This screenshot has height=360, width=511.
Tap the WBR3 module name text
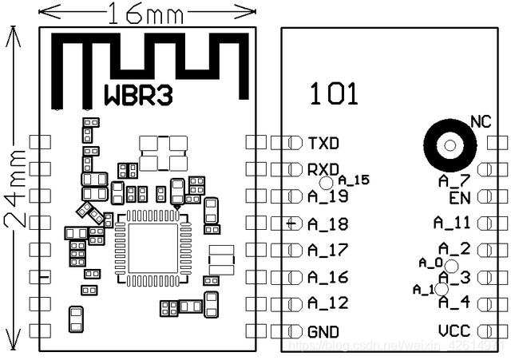[137, 93]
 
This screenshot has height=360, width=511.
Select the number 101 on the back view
[334, 95]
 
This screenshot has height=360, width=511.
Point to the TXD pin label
[323, 144]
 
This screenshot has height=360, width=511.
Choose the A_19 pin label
[327, 196]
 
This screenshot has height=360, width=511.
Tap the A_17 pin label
[327, 250]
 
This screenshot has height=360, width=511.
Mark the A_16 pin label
[327, 277]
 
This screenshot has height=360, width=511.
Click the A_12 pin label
[327, 303]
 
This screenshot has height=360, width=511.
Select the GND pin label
[323, 331]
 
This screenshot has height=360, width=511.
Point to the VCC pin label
[454, 330]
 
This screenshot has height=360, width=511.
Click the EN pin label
[459, 197]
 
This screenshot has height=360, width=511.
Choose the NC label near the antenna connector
[481, 122]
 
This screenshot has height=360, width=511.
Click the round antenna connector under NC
[450, 145]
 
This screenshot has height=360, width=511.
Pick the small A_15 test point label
[354, 180]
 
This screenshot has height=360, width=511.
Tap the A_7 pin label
[454, 182]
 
